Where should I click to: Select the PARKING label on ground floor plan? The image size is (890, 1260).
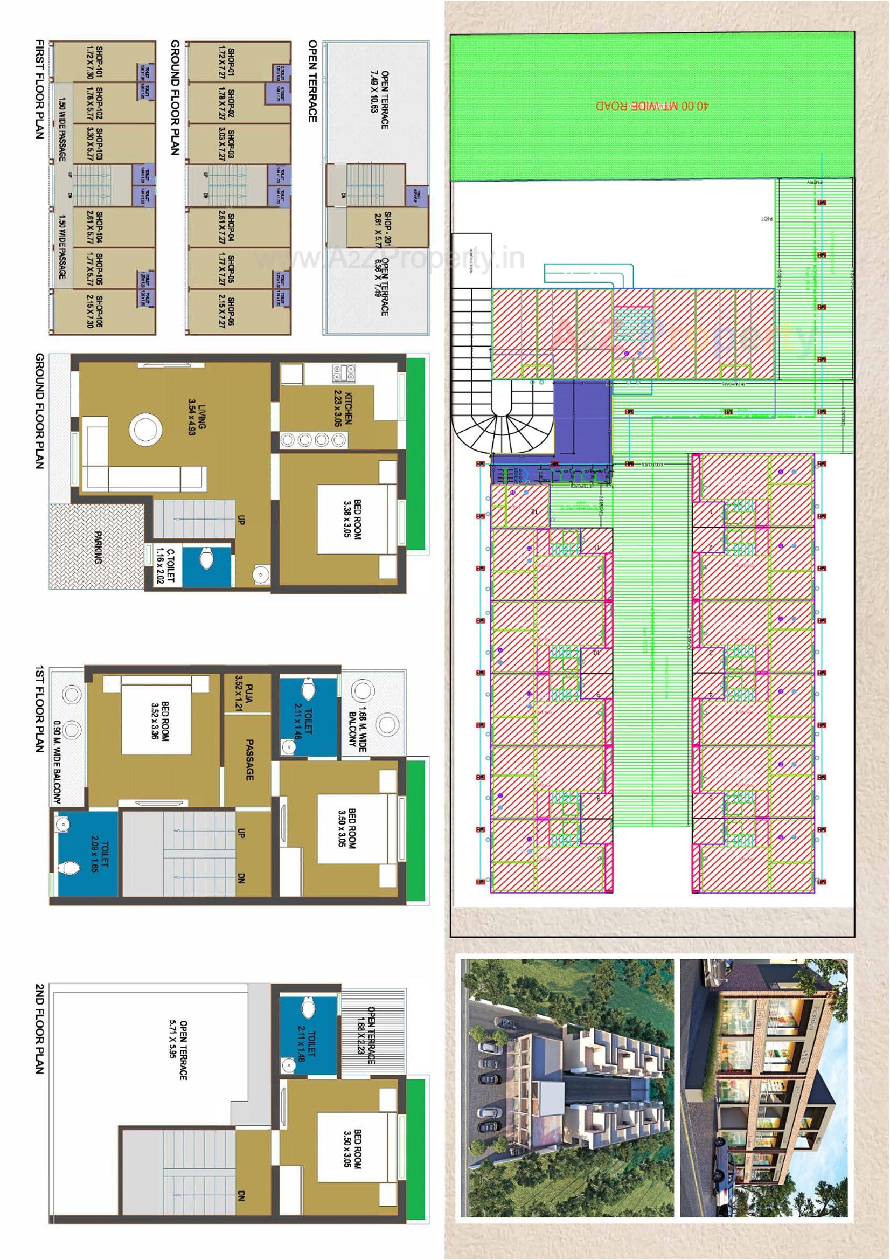(x=98, y=547)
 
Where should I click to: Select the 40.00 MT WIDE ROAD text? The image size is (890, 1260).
(x=652, y=106)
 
